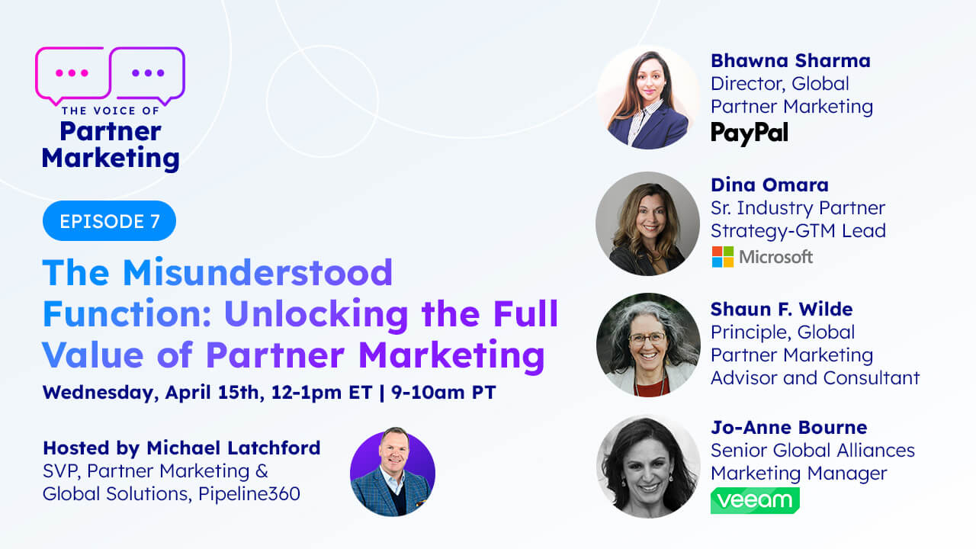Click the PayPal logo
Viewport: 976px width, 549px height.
750,133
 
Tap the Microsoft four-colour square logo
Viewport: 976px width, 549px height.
722,257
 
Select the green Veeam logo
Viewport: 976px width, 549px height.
755,500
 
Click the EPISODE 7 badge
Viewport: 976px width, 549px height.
109,221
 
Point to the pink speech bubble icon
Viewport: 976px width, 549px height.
72,75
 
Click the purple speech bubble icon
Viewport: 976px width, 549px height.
148,75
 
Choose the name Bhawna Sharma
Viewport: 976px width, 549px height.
791,60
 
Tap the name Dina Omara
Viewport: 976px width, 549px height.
769,185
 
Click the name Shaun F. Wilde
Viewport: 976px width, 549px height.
782,309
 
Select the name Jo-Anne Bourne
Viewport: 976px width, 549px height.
788,427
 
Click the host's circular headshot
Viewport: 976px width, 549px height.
393,474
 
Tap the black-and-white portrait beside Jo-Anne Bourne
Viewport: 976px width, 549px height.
648,466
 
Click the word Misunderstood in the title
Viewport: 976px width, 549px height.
258,272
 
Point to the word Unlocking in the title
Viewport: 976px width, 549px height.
316,313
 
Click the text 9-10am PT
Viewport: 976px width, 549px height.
444,392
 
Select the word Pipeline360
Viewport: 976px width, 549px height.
249,493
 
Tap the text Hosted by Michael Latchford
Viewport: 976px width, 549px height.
181,448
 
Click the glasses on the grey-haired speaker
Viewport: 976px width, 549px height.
647,338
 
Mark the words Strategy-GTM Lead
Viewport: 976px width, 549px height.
798,231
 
